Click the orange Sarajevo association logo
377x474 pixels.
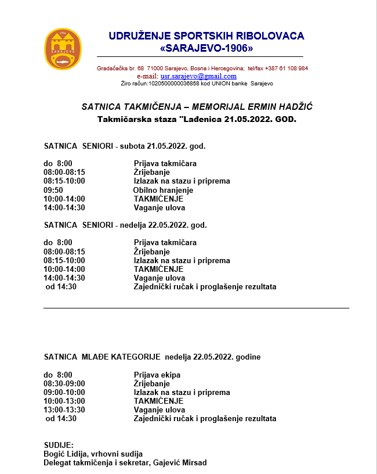63,49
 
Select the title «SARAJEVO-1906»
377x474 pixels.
206,48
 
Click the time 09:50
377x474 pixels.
53,190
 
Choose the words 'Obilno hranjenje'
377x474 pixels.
163,190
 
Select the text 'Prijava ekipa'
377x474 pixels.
157,375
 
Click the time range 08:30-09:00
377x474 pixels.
64,383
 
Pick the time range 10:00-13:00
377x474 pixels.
64,401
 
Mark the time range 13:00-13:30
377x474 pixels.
64,410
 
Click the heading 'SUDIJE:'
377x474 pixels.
59,445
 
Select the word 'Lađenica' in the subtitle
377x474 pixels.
200,119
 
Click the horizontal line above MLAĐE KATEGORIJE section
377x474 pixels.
196,308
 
